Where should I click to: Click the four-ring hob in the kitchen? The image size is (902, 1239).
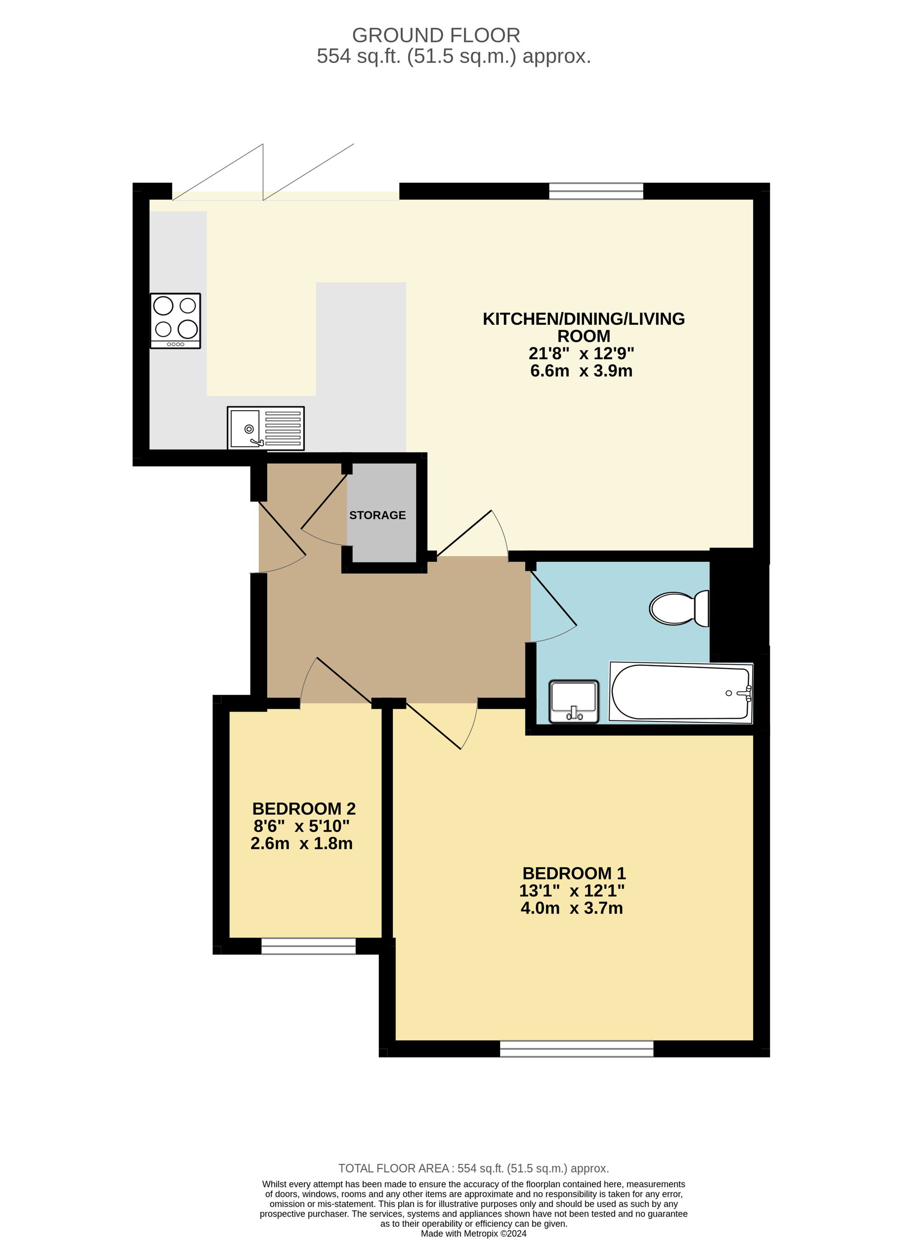coord(175,321)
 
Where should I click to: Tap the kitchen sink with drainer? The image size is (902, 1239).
coord(266,428)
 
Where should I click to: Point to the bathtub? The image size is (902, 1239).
coord(681,692)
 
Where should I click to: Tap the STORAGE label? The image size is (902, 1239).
coord(377,515)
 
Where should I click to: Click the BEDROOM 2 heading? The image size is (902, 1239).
coord(304,809)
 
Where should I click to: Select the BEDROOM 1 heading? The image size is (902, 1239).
coord(574,873)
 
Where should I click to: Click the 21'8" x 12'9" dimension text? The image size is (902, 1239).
coord(581,353)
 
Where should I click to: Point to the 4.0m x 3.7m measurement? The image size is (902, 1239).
coord(572,908)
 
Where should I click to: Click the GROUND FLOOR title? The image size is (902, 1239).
coord(436,36)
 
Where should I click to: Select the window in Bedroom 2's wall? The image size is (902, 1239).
coord(308,947)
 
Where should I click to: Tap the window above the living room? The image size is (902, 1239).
coord(596,191)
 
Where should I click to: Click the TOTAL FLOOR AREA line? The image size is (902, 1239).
coord(474,1169)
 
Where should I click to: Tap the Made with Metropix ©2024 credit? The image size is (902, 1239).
coord(474,1234)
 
